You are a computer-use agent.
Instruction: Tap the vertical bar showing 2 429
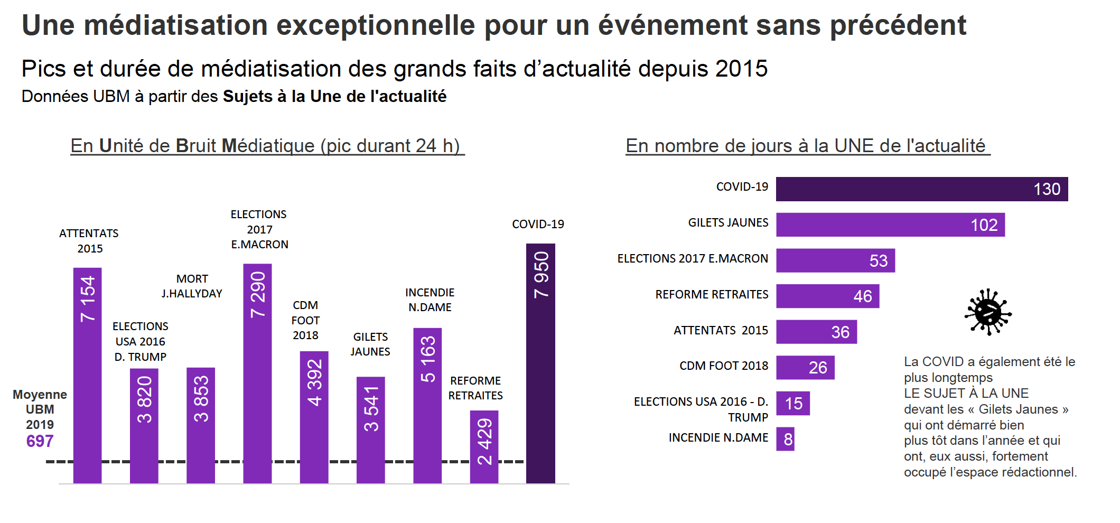(x=484, y=447)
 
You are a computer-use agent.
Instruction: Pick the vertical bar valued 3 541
(x=370, y=430)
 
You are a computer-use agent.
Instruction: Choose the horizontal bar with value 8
(x=785, y=439)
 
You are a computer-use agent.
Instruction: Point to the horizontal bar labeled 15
(x=792, y=404)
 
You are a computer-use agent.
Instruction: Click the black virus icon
(x=987, y=312)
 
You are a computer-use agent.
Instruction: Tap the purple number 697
(x=40, y=441)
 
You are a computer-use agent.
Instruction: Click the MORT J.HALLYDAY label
(x=192, y=286)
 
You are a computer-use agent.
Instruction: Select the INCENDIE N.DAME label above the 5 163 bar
(x=430, y=300)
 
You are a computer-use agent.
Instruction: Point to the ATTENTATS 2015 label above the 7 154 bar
(x=89, y=241)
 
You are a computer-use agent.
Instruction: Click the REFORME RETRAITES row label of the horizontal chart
(x=711, y=295)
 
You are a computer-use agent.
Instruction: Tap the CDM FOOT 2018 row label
(x=723, y=366)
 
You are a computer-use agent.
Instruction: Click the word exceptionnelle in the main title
(x=376, y=25)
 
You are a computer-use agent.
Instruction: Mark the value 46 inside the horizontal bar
(x=862, y=296)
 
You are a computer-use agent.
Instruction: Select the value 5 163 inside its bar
(x=427, y=359)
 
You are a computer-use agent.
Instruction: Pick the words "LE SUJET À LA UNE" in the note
(x=966, y=394)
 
